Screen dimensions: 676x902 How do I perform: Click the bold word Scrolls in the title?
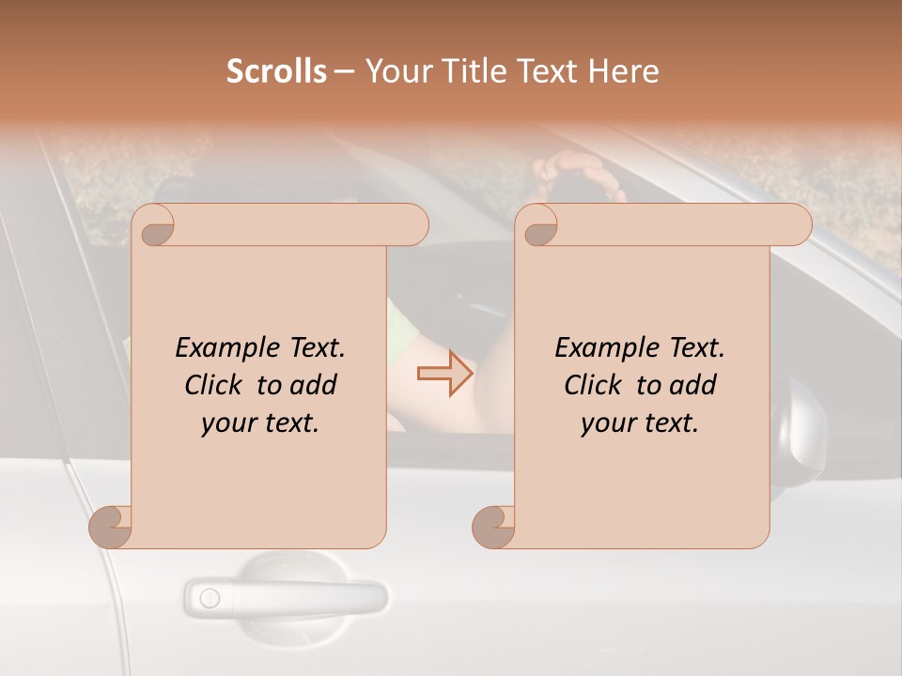pyautogui.click(x=276, y=71)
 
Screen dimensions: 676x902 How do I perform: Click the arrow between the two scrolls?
pyautogui.click(x=445, y=374)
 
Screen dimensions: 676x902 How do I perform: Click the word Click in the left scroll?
pyautogui.click(x=215, y=385)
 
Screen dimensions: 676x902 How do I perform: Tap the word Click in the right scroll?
pyautogui.click(x=595, y=385)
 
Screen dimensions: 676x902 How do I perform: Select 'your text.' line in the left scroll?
pyautogui.click(x=260, y=423)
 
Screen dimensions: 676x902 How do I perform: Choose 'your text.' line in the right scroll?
pyautogui.click(x=640, y=423)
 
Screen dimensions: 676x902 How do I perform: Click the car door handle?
pyautogui.click(x=286, y=595)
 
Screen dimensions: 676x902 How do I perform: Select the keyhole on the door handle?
pyautogui.click(x=209, y=597)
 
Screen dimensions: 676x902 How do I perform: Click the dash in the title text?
pyautogui.click(x=345, y=72)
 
